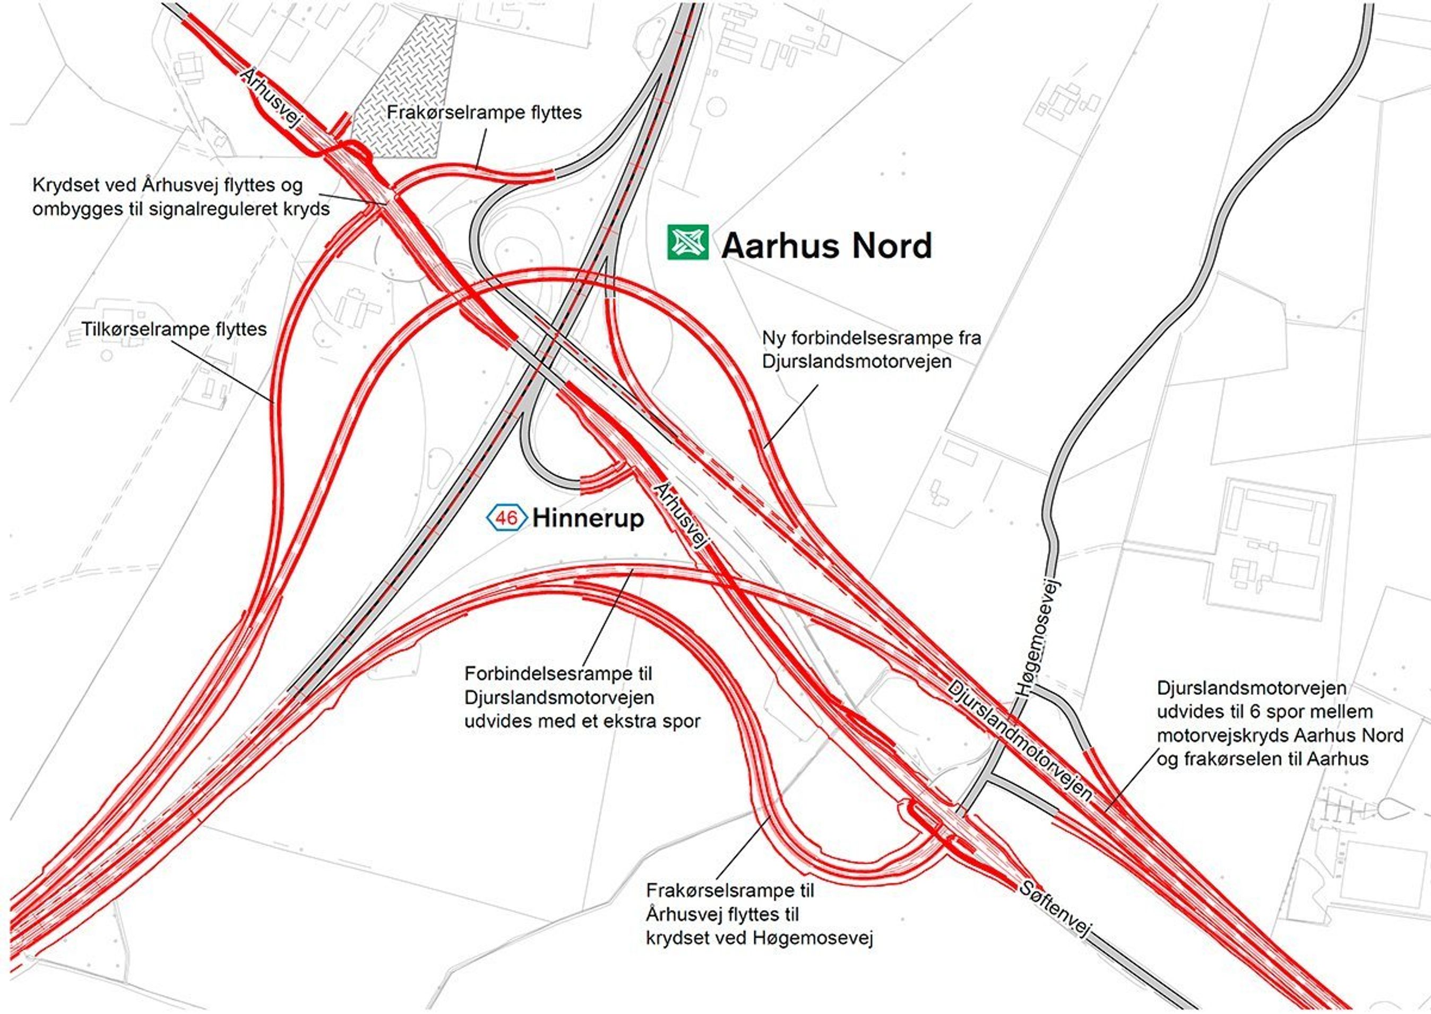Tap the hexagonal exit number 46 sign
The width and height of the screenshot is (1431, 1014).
pyautogui.click(x=506, y=518)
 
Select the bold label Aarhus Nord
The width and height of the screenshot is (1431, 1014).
pyautogui.click(x=826, y=245)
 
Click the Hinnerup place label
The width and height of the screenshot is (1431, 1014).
pyautogui.click(x=588, y=518)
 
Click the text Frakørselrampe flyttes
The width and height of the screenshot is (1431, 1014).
pyautogui.click(x=484, y=113)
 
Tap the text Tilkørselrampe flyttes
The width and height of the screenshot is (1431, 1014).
pyautogui.click(x=174, y=329)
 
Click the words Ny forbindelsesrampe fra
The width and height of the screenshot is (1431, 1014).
pyautogui.click(x=871, y=338)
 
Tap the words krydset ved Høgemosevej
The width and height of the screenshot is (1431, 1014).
pyautogui.click(x=760, y=938)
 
